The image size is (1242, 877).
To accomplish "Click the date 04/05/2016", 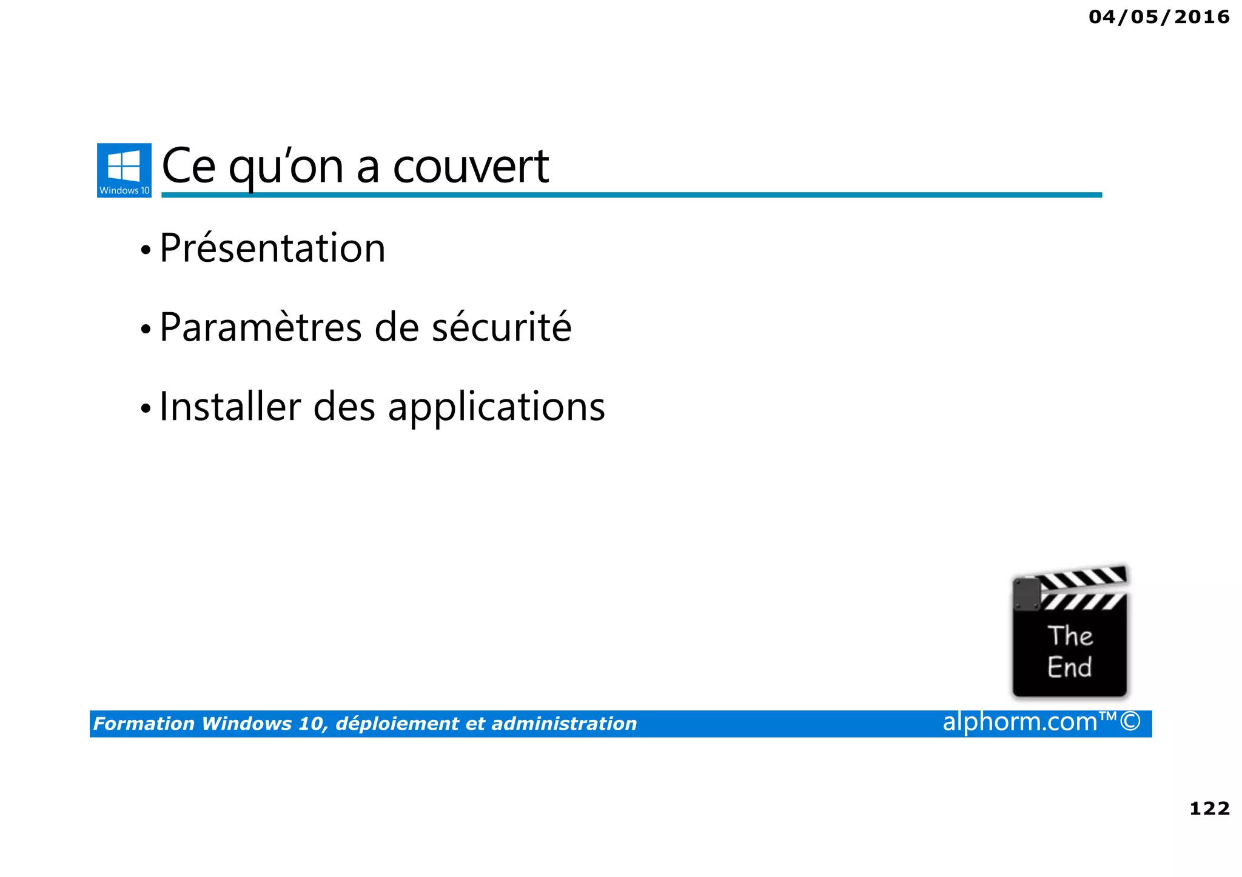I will (1159, 17).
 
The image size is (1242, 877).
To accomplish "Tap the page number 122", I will (1209, 808).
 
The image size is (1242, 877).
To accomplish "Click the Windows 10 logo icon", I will (124, 170).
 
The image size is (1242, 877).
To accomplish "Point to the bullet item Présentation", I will (272, 248).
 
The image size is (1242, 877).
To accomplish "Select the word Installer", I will (230, 407).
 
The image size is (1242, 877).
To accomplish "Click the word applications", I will (496, 408).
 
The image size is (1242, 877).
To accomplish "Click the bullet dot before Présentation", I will (146, 250).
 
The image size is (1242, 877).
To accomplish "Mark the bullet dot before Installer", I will (146, 408).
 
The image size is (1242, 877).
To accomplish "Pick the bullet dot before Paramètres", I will (146, 330).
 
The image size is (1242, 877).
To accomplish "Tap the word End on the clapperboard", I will (1069, 667).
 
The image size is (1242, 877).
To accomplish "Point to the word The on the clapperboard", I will (1070, 636).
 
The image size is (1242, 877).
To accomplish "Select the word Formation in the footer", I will (144, 724).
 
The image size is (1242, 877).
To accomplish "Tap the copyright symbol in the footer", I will (1130, 722).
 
